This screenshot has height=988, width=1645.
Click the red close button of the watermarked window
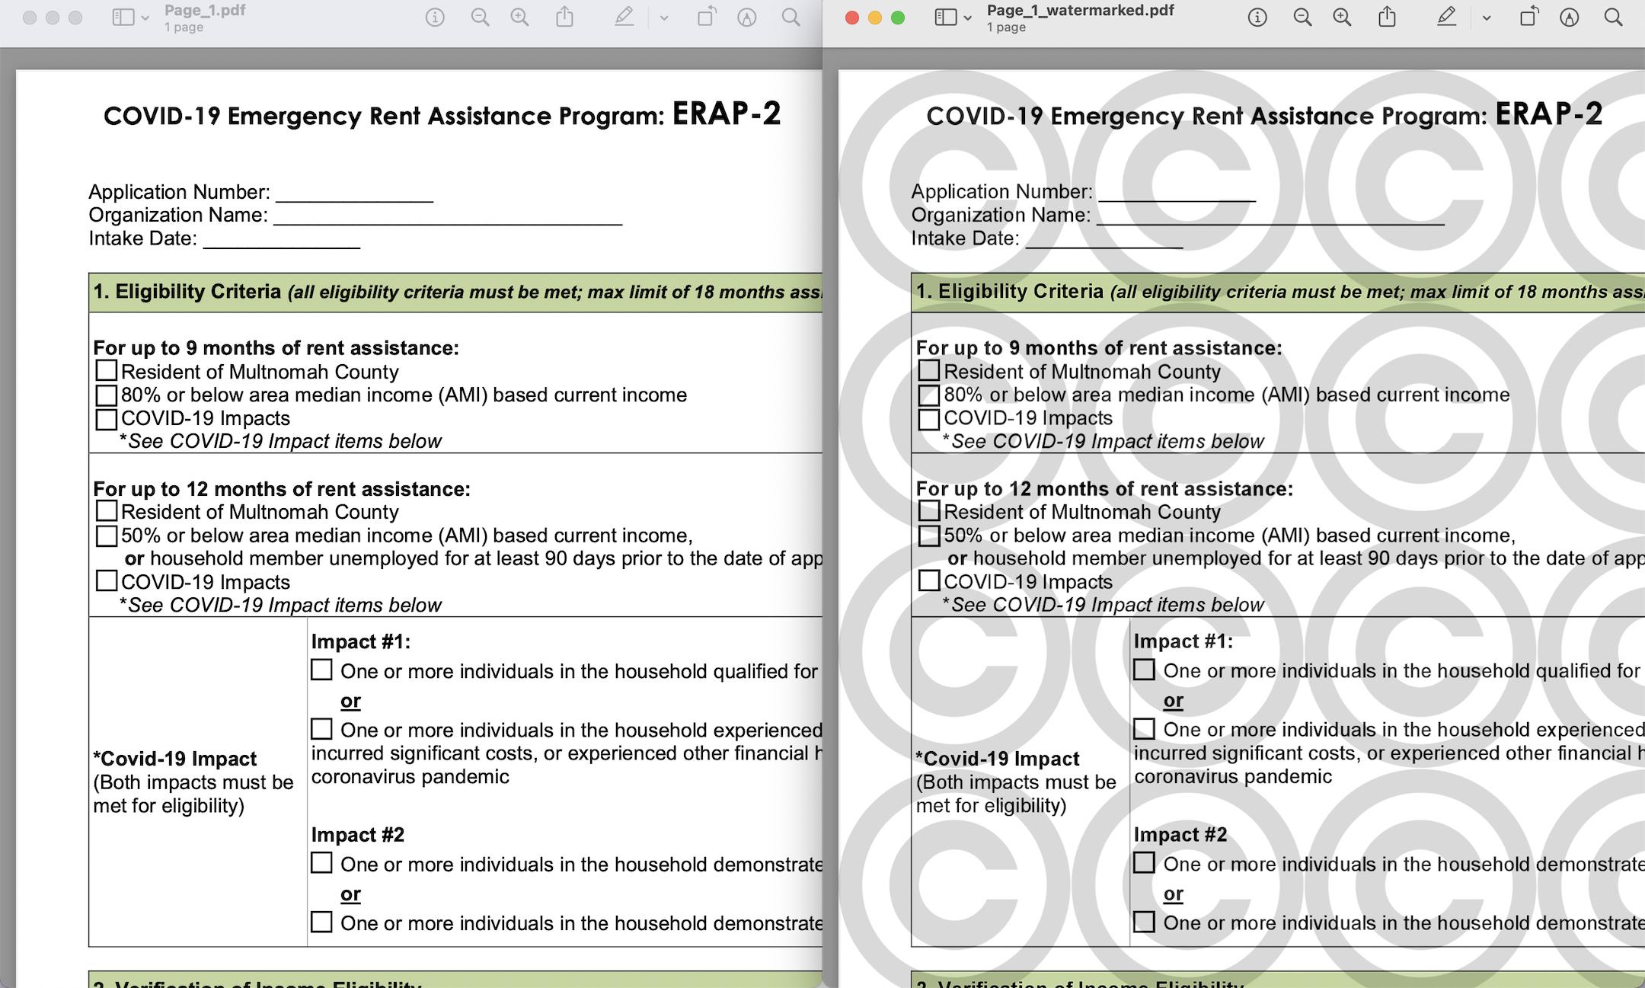pos(852,18)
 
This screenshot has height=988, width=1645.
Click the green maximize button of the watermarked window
pos(898,18)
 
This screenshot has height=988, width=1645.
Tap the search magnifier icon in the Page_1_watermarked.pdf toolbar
pos(1613,18)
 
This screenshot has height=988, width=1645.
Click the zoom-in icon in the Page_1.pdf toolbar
pos(519,18)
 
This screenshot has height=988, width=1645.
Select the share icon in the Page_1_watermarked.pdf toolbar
pos(1387,18)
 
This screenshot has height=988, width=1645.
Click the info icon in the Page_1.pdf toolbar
pos(435,18)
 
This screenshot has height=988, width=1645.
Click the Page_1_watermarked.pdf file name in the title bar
pos(1080,11)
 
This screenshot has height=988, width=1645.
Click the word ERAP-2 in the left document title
pos(727,114)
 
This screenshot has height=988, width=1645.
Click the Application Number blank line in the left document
pos(355,197)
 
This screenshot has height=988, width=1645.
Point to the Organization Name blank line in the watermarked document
pos(1270,219)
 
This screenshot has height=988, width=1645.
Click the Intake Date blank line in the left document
pos(282,243)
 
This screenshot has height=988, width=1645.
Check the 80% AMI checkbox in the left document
pos(107,395)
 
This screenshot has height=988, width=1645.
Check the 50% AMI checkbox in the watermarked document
pos(929,536)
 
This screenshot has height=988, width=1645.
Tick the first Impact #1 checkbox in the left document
pos(321,670)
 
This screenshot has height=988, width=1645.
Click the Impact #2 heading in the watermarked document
pos(1180,835)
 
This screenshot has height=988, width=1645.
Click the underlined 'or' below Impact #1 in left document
pos(350,701)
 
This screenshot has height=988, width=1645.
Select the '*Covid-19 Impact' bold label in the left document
pos(174,759)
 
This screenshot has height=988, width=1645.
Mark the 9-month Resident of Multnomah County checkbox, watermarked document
pos(929,371)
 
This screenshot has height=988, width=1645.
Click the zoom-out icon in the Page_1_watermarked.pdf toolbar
pos(1302,18)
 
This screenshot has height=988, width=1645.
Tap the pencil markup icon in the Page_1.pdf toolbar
pos(624,18)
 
